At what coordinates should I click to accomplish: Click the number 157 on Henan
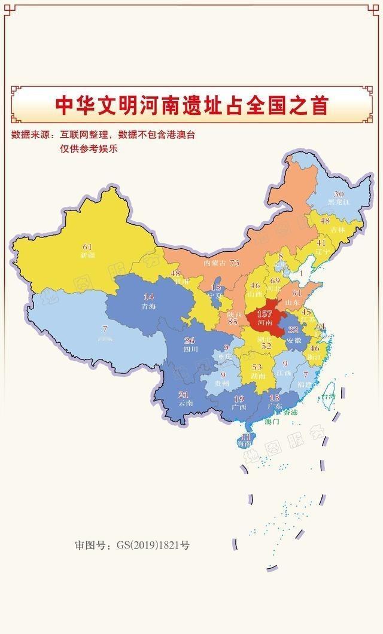pyautogui.click(x=265, y=314)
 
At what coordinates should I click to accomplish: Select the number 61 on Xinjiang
pyautogui.click(x=88, y=246)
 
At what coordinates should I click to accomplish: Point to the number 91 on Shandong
pyautogui.click(x=296, y=294)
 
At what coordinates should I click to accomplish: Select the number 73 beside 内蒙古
pyautogui.click(x=235, y=263)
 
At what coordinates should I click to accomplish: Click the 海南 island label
pyautogui.click(x=244, y=444)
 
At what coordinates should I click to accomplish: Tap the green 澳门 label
pyautogui.click(x=272, y=421)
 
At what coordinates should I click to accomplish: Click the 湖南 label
pyautogui.click(x=258, y=376)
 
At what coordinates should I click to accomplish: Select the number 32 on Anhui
pyautogui.click(x=293, y=330)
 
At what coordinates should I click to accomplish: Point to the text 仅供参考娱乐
pyautogui.click(x=88, y=148)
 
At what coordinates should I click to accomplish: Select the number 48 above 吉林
pyautogui.click(x=325, y=221)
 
